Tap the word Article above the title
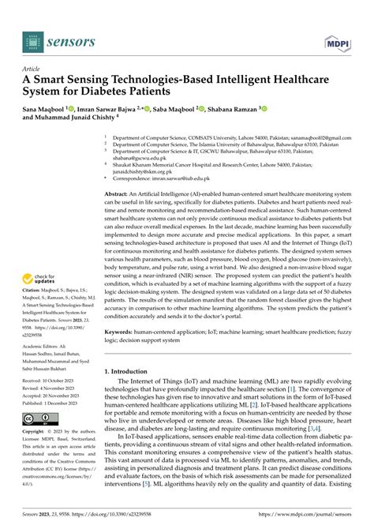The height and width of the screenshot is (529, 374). [32, 68]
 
